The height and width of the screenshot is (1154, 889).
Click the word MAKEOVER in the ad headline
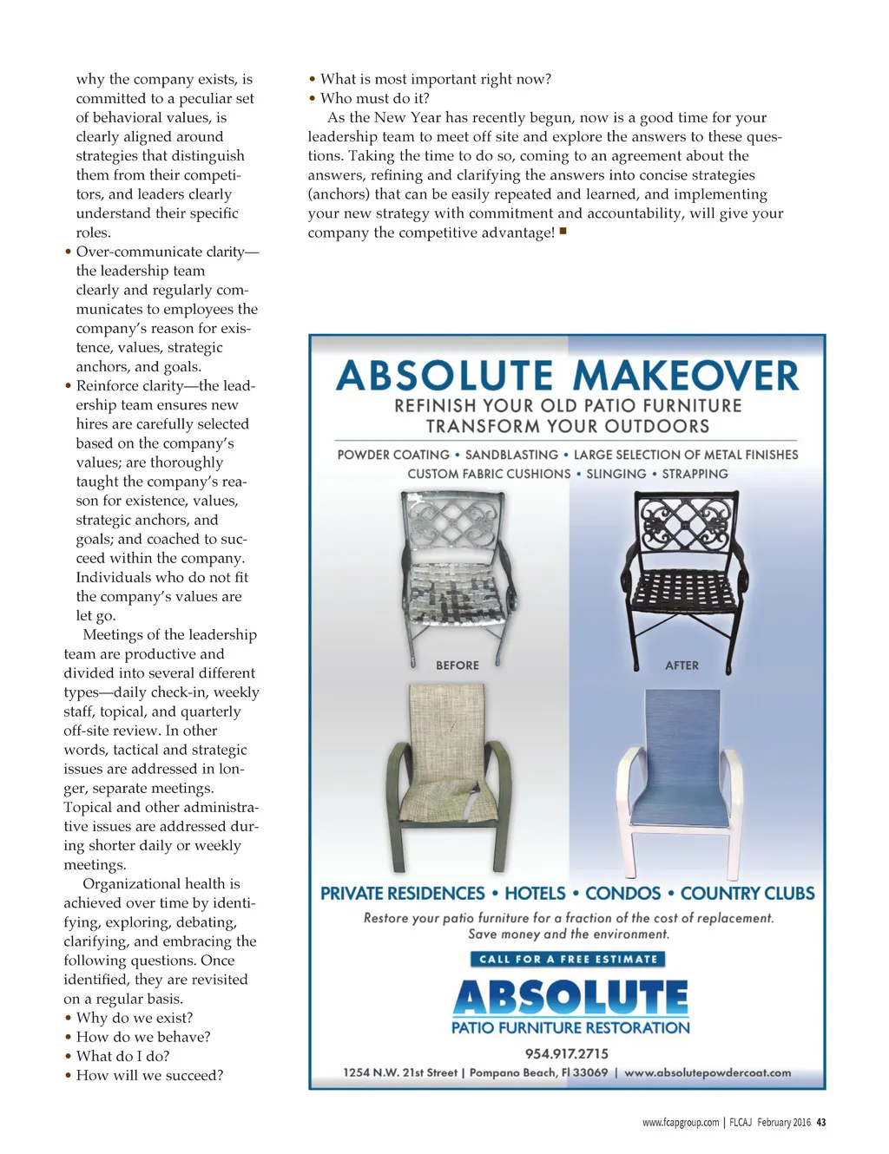click(x=685, y=377)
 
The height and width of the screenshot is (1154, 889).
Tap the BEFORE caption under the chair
click(x=458, y=666)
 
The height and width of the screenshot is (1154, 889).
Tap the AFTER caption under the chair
click(x=682, y=666)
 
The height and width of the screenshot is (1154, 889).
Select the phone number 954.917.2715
click(x=567, y=1053)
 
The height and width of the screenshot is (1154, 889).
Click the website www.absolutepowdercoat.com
click(x=708, y=1072)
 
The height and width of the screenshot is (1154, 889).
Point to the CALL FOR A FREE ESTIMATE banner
click(x=568, y=959)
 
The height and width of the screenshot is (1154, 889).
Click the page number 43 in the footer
click(x=821, y=1122)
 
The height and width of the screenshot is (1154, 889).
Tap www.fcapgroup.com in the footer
click(x=681, y=1122)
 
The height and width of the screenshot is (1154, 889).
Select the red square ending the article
click(x=563, y=231)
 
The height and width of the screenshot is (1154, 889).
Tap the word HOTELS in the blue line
click(x=535, y=894)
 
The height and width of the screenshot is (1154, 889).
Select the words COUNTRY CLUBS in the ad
click(x=747, y=894)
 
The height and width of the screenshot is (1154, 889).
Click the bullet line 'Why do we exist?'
click(x=135, y=1018)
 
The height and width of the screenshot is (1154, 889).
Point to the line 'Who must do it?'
click(x=374, y=98)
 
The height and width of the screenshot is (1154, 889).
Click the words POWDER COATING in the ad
click(x=393, y=455)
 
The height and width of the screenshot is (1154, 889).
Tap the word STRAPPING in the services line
click(x=695, y=474)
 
